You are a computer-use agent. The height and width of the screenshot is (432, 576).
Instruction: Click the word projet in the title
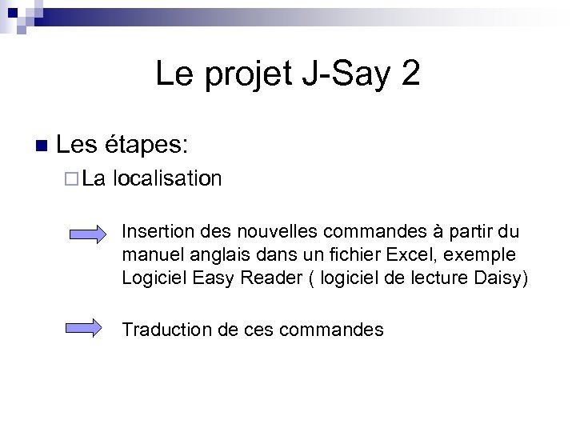point(250,75)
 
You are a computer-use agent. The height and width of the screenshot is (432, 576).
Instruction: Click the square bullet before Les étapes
point(42,146)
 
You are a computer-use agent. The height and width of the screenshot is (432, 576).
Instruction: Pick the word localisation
point(167,178)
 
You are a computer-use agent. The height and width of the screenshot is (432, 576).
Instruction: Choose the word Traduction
point(162,330)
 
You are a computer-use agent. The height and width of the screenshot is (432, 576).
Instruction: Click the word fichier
point(359,255)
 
